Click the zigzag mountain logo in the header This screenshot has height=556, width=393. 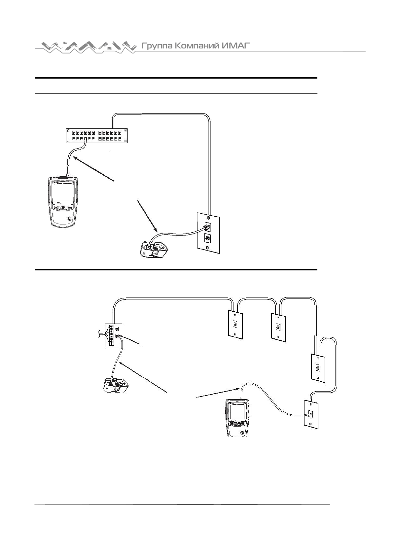(86, 47)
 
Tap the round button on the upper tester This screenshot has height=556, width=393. (69, 219)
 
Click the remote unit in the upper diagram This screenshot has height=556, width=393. (153, 250)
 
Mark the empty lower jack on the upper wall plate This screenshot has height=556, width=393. (207, 237)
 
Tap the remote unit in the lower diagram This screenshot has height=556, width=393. (116, 385)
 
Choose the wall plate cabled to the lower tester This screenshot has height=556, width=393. (311, 414)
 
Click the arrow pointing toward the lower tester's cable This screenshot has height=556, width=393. (218, 393)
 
